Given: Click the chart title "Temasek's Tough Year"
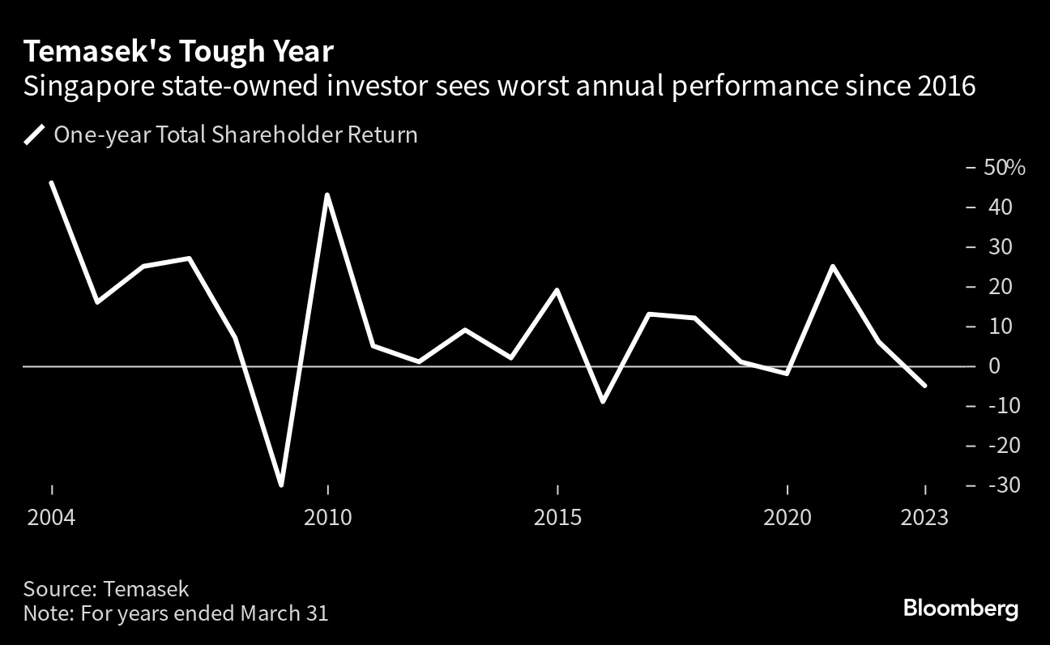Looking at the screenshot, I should tap(178, 52).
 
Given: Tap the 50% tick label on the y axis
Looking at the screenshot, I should tap(1005, 168).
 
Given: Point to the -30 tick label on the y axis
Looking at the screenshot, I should tap(1001, 485).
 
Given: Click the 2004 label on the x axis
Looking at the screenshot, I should tap(51, 517).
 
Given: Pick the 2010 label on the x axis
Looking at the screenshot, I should tap(327, 517).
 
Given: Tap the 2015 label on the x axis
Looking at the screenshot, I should tap(557, 517).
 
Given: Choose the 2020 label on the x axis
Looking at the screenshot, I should tap(787, 517).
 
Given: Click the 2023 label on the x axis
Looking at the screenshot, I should tap(925, 517).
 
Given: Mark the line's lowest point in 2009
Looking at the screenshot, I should tap(281, 485).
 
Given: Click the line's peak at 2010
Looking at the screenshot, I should tap(327, 194).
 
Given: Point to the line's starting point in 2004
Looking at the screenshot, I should tap(51, 182).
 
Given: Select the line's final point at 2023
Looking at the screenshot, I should tap(925, 386).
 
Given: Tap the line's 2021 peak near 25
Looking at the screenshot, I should tap(833, 266).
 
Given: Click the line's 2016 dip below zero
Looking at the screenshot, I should tap(603, 401).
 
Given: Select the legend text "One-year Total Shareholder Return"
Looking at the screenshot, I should tap(235, 135).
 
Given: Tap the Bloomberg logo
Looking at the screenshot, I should tap(960, 609).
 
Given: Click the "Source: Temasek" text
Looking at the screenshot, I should tap(106, 588).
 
